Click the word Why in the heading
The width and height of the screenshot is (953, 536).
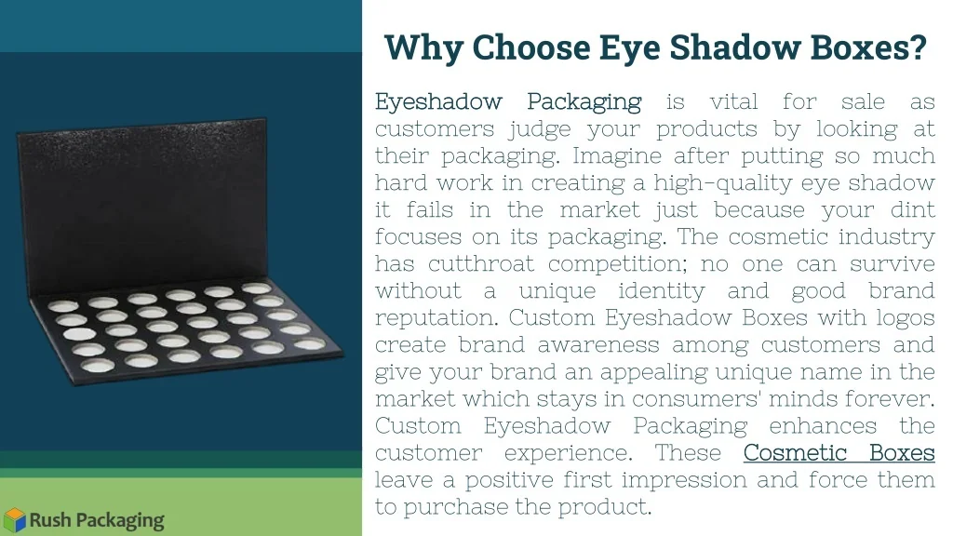click(423, 47)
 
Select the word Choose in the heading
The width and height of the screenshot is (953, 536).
click(530, 47)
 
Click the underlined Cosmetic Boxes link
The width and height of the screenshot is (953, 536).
click(839, 453)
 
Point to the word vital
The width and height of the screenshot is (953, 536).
click(733, 101)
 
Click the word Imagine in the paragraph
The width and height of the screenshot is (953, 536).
click(616, 156)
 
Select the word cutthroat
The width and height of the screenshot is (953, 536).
click(481, 263)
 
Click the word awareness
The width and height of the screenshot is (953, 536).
click(598, 345)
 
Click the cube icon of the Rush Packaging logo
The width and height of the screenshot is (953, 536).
click(15, 520)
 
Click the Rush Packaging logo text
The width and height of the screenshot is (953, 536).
click(97, 521)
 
